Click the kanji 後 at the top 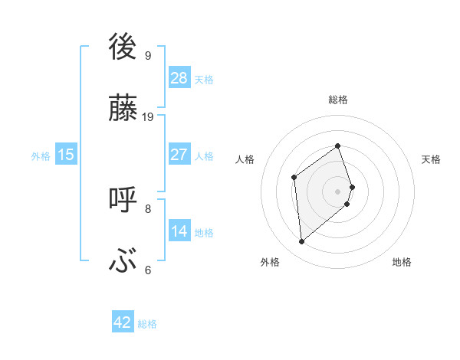click(123, 46)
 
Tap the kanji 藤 click(123, 106)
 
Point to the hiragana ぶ click(123, 261)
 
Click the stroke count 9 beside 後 click(148, 55)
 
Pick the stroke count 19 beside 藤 click(148, 116)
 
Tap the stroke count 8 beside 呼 click(148, 208)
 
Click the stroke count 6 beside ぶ click(148, 270)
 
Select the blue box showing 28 click(179, 77)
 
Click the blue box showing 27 click(179, 155)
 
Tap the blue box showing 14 click(179, 231)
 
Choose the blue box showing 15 click(66, 155)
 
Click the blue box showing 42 click(123, 322)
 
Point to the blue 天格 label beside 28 click(204, 79)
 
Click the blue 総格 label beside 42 click(147, 324)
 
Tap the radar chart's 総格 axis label click(338, 100)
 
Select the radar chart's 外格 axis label click(270, 262)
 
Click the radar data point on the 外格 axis click(301, 242)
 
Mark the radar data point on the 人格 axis click(294, 178)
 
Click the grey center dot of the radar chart click(338, 191)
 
